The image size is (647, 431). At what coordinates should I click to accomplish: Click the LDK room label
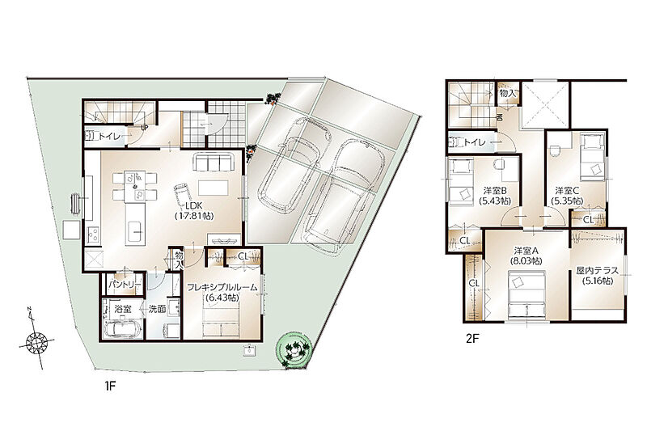[x=194, y=206]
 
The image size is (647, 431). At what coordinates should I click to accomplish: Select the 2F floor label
[x=472, y=339]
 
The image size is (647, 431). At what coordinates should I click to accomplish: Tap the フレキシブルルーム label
[x=222, y=287]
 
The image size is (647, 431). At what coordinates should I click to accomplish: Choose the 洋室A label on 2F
[x=526, y=251]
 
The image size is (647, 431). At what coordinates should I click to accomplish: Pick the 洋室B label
[x=495, y=191]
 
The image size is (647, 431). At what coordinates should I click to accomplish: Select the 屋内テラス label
[x=597, y=271]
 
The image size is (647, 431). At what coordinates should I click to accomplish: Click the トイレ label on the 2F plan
[x=475, y=142]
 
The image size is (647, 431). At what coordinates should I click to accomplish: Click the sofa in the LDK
[x=214, y=161]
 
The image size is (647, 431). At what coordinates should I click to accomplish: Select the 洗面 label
[x=157, y=309]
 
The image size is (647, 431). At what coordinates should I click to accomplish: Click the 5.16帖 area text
[x=597, y=281]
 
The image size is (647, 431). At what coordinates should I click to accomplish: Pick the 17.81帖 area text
[x=194, y=215]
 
